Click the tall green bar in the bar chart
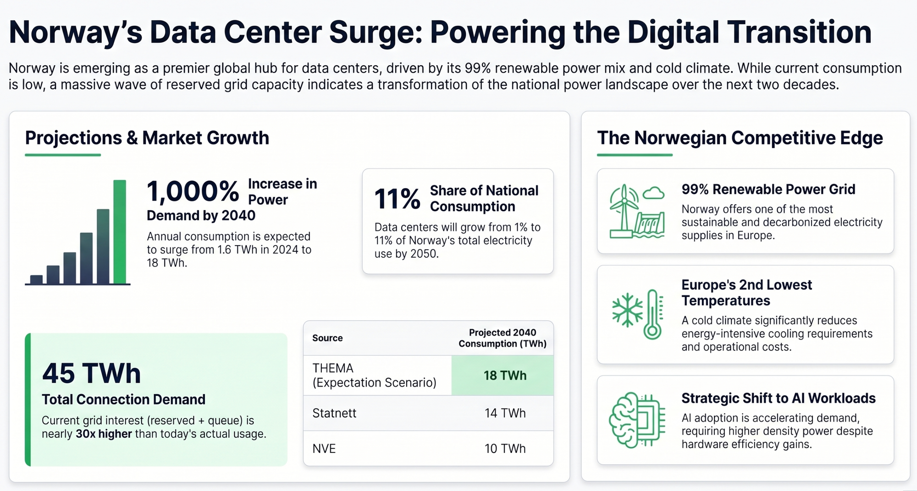coord(120,232)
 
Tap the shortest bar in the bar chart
coord(36,279)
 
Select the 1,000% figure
coord(193,191)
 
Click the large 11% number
coord(397,199)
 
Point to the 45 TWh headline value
coord(91,373)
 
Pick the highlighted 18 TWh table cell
coord(503,375)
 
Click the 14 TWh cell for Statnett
coord(505,413)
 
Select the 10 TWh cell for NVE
coord(505,448)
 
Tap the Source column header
coord(327,338)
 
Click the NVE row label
coord(324,448)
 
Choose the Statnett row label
coord(334,413)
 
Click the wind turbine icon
coord(623,211)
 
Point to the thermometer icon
coord(653,314)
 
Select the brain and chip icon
coord(637,420)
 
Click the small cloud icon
coord(653,193)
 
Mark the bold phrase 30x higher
coord(104,434)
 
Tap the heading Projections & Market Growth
coord(147,138)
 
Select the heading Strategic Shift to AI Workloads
coord(779,398)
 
